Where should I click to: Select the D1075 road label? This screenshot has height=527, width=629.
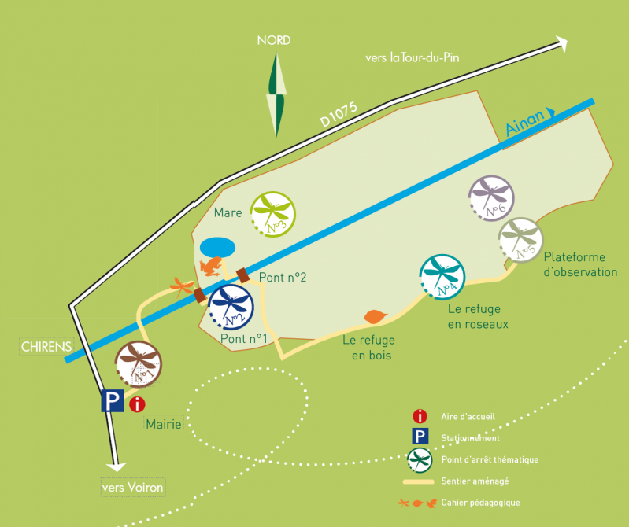[x=338, y=111]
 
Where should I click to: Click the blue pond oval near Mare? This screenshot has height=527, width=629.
[x=216, y=247]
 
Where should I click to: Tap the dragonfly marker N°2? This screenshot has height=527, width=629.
[x=231, y=306]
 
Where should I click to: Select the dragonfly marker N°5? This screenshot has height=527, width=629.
[x=520, y=239]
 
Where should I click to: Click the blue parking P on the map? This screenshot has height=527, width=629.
[x=112, y=402]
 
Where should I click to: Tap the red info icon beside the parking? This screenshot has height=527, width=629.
[x=137, y=404]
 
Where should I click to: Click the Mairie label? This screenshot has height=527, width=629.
[x=164, y=425]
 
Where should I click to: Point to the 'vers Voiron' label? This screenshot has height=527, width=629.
[x=132, y=488]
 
